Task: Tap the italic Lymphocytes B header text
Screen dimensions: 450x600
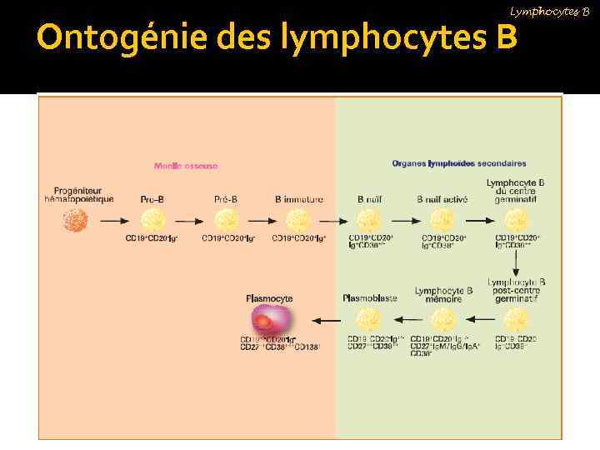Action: coord(549,11)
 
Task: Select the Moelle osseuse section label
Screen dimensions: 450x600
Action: coord(186,166)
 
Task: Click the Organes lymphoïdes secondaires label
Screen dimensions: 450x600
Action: coord(458,163)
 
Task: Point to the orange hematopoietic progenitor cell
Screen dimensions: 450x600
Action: coord(99,221)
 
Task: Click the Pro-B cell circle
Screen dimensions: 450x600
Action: coord(152,221)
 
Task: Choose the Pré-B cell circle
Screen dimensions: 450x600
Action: coord(226,221)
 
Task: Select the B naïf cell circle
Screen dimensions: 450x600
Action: coord(370,221)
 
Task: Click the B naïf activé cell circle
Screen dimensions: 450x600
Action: coord(442,221)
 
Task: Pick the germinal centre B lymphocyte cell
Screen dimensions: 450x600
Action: coord(516,221)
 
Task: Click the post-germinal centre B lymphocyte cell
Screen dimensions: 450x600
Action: coord(516,320)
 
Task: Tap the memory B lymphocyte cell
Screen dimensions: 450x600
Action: coord(443,320)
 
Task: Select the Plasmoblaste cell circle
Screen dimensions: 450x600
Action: coord(370,320)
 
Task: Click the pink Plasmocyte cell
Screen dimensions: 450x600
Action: coord(271,319)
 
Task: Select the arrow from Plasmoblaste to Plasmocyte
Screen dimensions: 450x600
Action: coord(326,320)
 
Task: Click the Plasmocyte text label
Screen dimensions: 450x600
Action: coord(269,297)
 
